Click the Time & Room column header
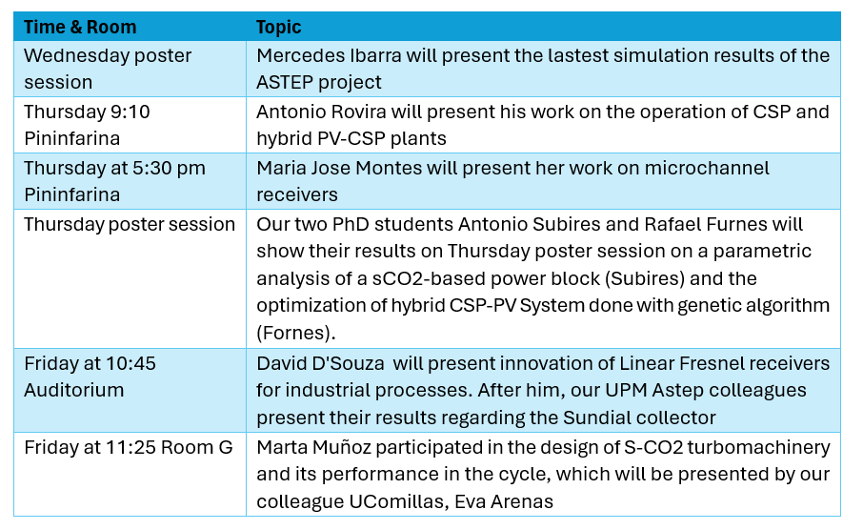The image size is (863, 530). tap(80, 27)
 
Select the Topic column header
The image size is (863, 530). tap(279, 27)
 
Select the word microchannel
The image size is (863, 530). tap(706, 168)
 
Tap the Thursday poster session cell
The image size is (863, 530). tap(130, 224)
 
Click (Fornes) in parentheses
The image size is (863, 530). tap(292, 332)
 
